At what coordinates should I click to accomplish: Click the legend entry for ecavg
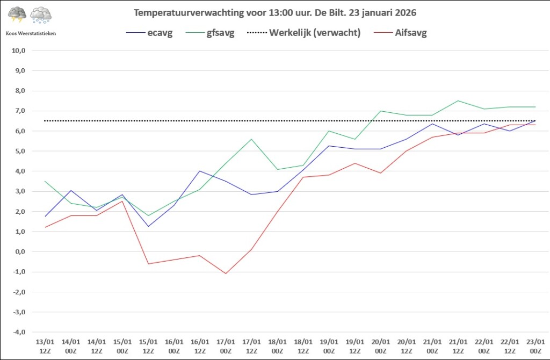149,33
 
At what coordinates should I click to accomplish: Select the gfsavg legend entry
210,33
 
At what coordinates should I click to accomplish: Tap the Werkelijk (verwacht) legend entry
304,33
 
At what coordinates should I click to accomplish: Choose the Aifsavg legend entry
400,33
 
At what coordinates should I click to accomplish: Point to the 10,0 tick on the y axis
19,51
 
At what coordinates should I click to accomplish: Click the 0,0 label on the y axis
20,251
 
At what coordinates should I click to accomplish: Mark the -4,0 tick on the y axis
19,332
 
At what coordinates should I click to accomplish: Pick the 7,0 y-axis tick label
20,111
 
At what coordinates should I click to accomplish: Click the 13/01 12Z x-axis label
45,347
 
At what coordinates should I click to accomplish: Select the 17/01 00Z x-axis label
226,347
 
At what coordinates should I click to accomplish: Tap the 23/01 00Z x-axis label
535,347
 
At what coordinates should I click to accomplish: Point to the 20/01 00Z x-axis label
381,347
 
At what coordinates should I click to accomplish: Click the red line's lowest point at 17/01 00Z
226,273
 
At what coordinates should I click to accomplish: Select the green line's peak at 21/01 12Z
458,100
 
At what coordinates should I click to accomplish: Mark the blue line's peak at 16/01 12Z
200,171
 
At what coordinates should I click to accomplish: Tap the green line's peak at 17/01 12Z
251,139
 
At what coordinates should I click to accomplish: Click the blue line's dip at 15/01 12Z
148,226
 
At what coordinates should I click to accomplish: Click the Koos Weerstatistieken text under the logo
31,34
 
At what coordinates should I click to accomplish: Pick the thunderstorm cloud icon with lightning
17,15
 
